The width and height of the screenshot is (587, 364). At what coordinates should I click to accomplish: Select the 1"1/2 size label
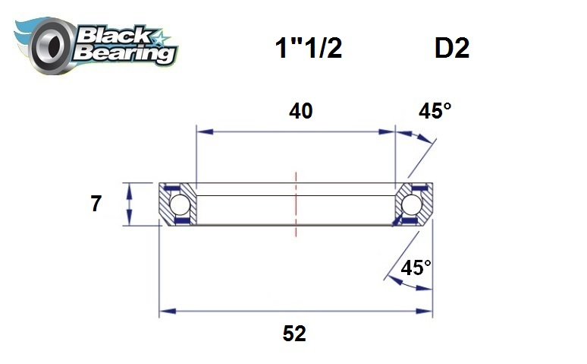coord(307,49)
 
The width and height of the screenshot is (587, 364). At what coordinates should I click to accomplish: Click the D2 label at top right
coord(451,49)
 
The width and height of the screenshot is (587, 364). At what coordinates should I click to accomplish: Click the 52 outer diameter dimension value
coord(294,334)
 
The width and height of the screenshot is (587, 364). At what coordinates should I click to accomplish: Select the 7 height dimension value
coord(96,204)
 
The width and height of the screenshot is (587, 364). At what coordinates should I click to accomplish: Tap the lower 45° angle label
coord(416,267)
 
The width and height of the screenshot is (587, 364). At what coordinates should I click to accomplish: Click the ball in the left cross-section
coord(180,204)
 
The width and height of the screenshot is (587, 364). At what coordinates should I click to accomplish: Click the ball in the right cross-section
coord(412,204)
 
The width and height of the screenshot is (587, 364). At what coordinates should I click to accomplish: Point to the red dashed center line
coord(296,199)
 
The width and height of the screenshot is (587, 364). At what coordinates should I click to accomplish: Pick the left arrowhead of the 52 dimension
coord(164,311)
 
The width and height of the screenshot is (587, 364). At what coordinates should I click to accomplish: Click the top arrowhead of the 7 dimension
coord(130,187)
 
